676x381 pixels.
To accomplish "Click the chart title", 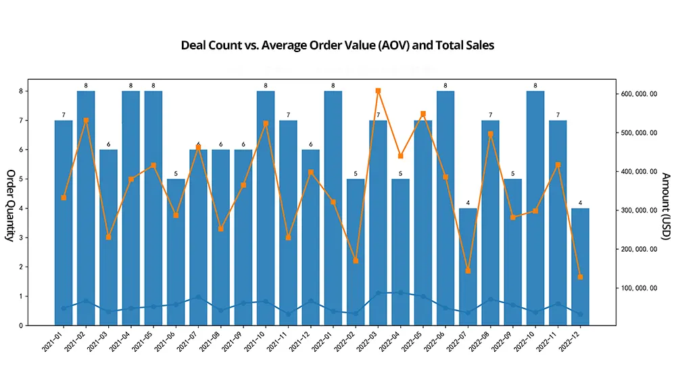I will [x=337, y=46].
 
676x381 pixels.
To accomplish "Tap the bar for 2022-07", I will [x=468, y=271].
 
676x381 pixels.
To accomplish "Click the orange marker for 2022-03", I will [x=378, y=91].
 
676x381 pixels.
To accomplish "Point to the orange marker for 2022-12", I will [x=580, y=277].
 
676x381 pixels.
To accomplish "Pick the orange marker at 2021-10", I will [x=266, y=124].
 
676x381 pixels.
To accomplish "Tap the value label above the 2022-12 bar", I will [x=580, y=203].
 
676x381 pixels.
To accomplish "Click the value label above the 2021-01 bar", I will [x=64, y=115].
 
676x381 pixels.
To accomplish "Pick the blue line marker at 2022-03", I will [x=378, y=293].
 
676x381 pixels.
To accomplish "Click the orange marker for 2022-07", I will [x=468, y=271].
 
